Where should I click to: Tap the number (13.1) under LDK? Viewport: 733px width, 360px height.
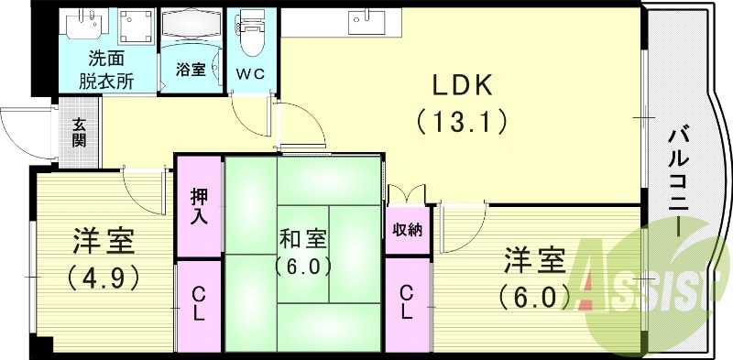point(462,120)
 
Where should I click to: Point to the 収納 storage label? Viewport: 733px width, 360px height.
point(408,229)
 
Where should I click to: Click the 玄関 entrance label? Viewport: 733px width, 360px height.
point(80,132)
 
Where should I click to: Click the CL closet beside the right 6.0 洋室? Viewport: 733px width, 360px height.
point(407,303)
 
